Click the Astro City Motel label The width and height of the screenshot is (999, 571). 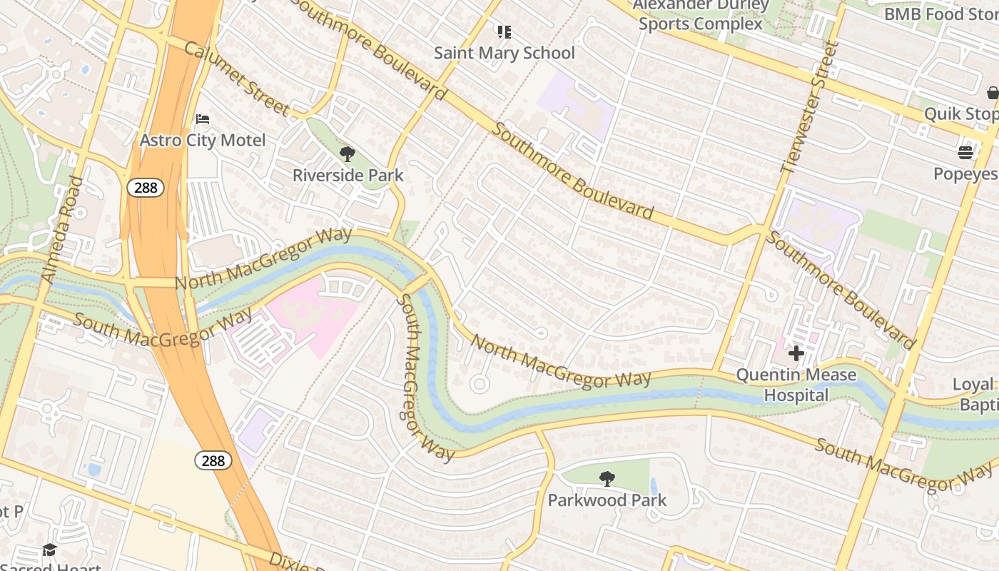coord(203,140)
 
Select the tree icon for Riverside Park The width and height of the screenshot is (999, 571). coord(348,153)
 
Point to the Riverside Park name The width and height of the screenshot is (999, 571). coord(348,175)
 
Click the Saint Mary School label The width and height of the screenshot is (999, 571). coord(504,53)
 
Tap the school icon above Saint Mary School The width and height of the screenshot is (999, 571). coord(504,31)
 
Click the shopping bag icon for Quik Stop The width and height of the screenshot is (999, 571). coord(993,93)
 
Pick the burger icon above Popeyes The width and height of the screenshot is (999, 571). coord(965,152)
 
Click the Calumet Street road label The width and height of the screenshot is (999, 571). coord(236,79)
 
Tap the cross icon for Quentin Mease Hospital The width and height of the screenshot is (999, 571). coord(796,353)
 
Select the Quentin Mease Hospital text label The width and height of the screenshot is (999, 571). coord(796,385)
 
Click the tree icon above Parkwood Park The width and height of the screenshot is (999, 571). coord(607,478)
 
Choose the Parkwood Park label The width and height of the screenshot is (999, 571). coord(607,500)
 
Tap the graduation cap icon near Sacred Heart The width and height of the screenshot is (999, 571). coord(49,550)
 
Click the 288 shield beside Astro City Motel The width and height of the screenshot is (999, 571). coord(146,188)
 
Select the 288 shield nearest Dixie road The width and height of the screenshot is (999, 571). coord(213,460)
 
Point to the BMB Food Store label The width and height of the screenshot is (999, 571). coord(940,14)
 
